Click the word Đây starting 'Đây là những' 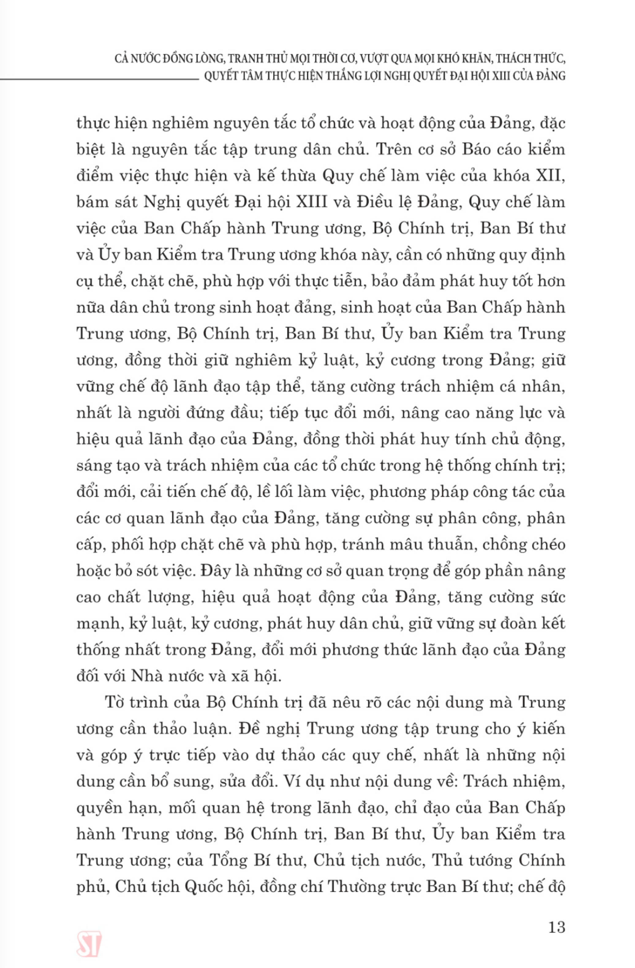[x=216, y=571]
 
